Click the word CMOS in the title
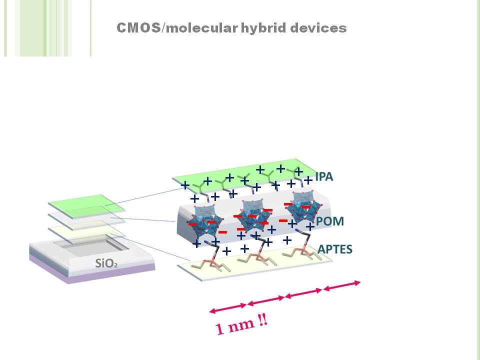tap(138, 28)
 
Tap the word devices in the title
tap(318, 28)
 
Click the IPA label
tap(324, 176)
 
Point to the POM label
tap(330, 221)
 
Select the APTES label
tap(335, 249)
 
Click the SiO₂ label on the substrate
tap(106, 263)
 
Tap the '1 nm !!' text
tap(241, 325)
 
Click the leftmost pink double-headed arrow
tap(228, 308)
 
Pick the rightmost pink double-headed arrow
tap(342, 285)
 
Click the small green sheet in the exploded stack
tap(86, 206)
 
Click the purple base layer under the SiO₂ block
tap(92, 274)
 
